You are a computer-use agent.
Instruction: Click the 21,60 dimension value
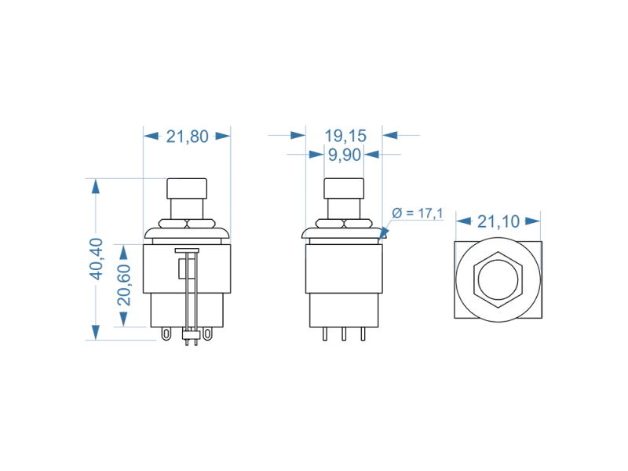click(x=185, y=136)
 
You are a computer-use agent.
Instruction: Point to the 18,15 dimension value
click(x=341, y=135)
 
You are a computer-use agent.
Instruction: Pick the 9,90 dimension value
click(x=342, y=155)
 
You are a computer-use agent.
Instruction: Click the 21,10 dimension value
click(x=498, y=224)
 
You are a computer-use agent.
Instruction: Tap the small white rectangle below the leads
click(x=192, y=336)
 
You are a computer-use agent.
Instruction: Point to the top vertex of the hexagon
click(x=498, y=254)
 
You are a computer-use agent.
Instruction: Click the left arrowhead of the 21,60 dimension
click(x=145, y=136)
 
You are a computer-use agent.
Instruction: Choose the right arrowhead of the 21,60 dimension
click(x=227, y=136)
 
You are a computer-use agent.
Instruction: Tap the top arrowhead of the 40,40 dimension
click(x=96, y=185)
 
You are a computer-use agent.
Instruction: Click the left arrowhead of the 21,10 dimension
click(x=459, y=224)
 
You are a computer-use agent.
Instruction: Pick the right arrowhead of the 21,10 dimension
click(x=539, y=224)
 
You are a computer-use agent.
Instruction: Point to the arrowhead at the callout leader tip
click(x=382, y=232)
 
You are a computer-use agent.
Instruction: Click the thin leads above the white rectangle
click(x=192, y=290)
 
